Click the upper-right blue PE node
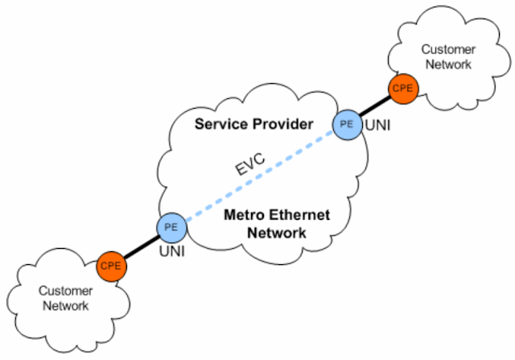click(x=347, y=124)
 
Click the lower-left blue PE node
click(x=171, y=227)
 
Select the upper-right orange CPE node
click(x=402, y=89)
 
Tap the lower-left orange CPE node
click(x=111, y=265)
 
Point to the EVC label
click(x=250, y=167)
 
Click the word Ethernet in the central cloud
click(x=286, y=216)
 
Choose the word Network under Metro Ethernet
click(x=278, y=234)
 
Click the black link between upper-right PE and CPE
click(x=375, y=106)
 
